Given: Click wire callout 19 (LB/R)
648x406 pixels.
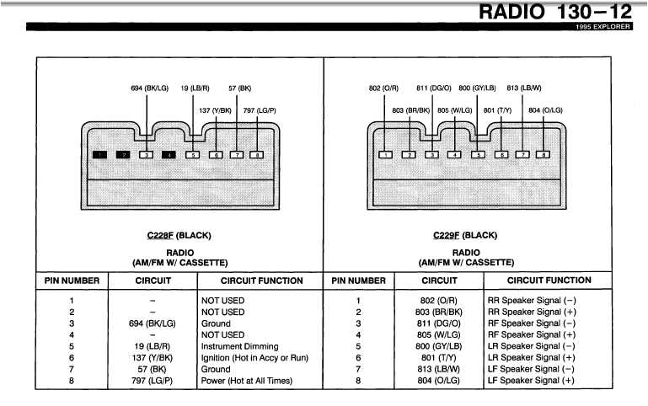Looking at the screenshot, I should click(195, 88).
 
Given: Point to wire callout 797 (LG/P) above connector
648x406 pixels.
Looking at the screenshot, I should click(260, 110).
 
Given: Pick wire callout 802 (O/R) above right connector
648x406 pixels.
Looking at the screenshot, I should click(383, 88).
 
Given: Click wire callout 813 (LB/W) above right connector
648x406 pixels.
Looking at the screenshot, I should click(523, 88).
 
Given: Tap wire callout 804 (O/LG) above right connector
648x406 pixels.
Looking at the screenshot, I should click(545, 110).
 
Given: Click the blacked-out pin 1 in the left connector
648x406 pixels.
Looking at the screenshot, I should click(100, 155).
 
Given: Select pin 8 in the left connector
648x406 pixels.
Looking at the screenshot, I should click(259, 155).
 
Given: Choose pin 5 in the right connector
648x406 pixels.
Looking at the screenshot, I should click(477, 155).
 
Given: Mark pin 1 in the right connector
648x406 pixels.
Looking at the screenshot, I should click(385, 155).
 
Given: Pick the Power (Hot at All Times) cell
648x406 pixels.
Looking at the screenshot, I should click(246, 381).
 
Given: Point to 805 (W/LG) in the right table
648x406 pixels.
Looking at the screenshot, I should click(439, 334).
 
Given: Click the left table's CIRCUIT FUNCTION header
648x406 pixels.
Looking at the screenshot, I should click(261, 280).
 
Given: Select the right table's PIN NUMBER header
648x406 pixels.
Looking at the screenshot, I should click(359, 280).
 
